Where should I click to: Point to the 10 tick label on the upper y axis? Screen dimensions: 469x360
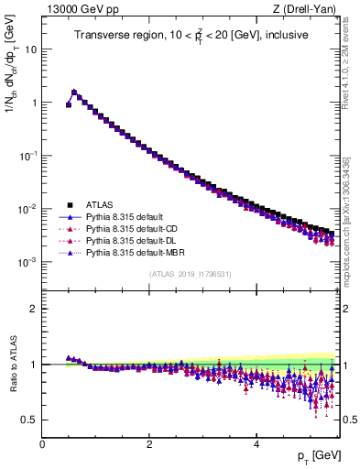[30, 49]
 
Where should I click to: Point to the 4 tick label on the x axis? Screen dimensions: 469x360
[256, 443]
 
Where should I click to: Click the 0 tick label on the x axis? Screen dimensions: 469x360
[42, 443]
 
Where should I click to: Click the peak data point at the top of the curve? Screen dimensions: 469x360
[74, 92]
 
